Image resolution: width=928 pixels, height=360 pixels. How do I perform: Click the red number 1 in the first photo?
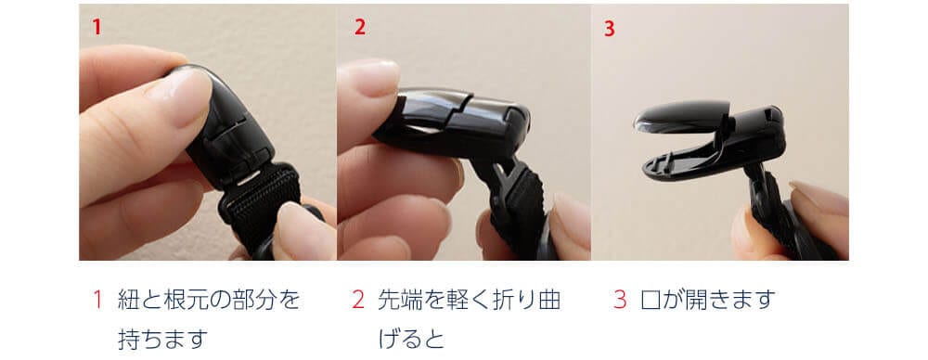coord(97,27)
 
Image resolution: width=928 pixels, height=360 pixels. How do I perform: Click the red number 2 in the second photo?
coord(360,27)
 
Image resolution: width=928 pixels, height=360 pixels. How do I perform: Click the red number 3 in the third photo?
coord(610,29)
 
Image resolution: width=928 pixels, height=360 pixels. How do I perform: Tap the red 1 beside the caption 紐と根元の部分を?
coord(98,300)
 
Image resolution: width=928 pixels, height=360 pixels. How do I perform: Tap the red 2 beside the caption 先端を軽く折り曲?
coord(358,300)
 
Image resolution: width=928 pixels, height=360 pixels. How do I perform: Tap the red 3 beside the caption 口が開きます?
coord(620,300)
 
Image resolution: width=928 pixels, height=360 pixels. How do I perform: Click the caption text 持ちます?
coord(163,340)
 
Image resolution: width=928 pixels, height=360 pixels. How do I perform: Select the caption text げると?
coord(411,340)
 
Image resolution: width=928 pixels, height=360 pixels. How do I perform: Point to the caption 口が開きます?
coord(708,300)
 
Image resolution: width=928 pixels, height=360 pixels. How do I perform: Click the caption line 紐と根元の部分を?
coord(209,300)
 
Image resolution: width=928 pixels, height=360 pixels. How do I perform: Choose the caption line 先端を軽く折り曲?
coord(469,300)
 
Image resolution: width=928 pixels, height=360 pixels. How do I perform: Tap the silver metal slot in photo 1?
coord(248,177)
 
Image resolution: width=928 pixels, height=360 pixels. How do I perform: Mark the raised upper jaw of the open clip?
coord(680,116)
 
